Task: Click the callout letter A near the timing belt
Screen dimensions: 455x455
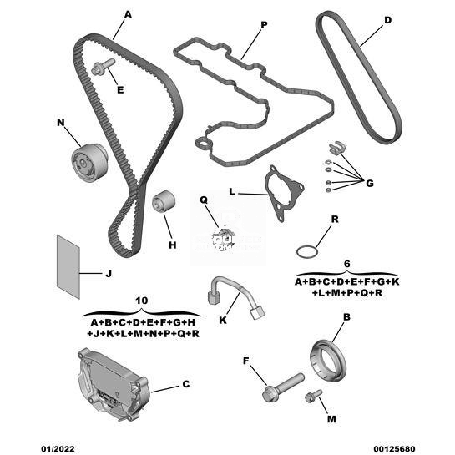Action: coord(128,14)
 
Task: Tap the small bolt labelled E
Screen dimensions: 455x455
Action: coord(103,67)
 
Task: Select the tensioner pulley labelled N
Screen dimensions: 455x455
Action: coord(89,162)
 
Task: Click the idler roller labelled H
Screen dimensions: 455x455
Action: coord(164,202)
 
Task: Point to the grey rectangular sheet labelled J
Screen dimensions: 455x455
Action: coord(68,266)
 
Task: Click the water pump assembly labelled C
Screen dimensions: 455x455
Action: coord(114,384)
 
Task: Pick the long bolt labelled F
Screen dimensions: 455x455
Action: coord(283,387)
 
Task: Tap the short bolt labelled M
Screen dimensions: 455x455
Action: coord(313,396)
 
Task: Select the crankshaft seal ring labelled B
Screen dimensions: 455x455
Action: coord(328,361)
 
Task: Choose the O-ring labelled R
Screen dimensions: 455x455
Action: coord(307,251)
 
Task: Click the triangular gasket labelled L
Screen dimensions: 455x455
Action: coord(283,193)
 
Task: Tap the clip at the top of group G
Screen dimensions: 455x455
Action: coord(336,147)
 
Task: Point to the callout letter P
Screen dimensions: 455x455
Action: coord(264,25)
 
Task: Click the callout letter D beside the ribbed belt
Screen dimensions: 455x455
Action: coord(387,20)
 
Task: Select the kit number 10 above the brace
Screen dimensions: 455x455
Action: coord(142,301)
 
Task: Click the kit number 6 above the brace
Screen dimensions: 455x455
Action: coord(347,264)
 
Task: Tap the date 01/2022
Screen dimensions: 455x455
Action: coord(58,449)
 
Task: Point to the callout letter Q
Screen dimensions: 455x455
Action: coord(204,200)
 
